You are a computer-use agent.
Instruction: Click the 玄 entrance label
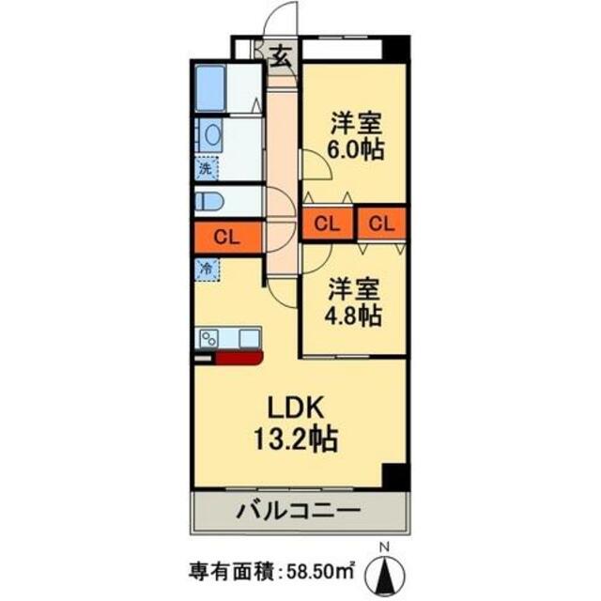tap(281, 56)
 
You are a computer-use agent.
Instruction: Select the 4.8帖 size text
tap(354, 315)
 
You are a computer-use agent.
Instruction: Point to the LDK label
tap(298, 408)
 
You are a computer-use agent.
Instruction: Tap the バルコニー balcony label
tap(300, 513)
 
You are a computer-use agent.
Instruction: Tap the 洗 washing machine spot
tap(206, 170)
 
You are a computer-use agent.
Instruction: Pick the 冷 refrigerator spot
tap(206, 267)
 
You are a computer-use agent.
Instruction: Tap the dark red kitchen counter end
tap(240, 356)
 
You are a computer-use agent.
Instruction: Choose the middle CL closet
tap(328, 223)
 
